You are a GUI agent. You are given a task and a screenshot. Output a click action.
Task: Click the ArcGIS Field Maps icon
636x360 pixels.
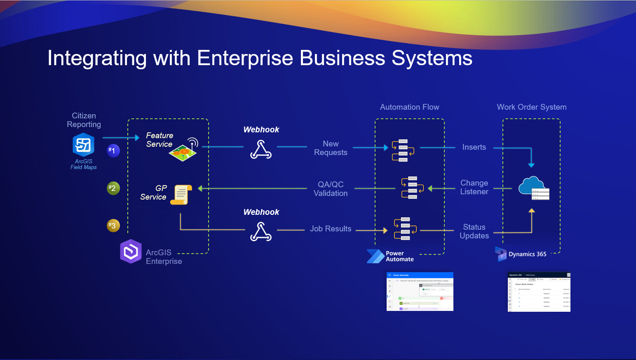click(x=84, y=145)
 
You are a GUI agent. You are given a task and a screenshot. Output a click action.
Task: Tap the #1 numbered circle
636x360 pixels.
click(x=113, y=151)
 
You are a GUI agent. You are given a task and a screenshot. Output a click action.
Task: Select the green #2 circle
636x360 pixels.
click(x=113, y=188)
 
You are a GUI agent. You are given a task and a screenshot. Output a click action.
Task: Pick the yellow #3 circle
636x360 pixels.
click(x=113, y=226)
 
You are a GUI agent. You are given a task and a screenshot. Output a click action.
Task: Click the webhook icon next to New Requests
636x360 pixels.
click(x=261, y=149)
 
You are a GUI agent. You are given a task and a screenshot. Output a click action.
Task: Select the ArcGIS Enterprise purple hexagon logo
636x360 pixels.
click(x=131, y=251)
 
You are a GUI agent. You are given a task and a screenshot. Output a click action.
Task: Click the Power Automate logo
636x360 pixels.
click(x=375, y=256)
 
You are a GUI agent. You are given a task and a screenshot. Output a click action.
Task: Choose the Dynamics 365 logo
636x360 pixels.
click(x=501, y=254)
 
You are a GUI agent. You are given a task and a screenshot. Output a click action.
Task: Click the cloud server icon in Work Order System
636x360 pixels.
click(x=534, y=188)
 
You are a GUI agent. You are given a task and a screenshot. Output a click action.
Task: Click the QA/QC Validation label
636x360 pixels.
click(x=331, y=189)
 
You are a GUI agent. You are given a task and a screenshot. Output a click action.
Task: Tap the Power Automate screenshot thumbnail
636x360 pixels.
click(x=420, y=292)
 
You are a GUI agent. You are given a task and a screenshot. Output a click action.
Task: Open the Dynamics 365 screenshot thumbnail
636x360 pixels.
click(x=539, y=292)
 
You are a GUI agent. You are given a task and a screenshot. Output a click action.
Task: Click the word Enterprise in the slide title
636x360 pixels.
click(x=245, y=58)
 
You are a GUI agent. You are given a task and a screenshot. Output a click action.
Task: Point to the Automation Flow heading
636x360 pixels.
click(x=409, y=107)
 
